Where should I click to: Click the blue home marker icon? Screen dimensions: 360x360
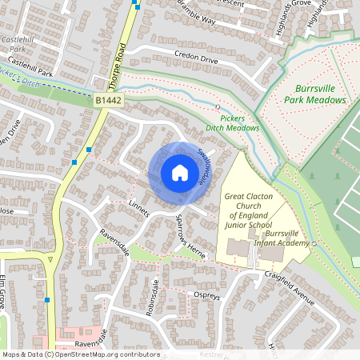[179, 173]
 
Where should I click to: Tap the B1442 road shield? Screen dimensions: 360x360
[110, 100]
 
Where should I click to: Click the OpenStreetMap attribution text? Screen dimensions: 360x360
[81, 354]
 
